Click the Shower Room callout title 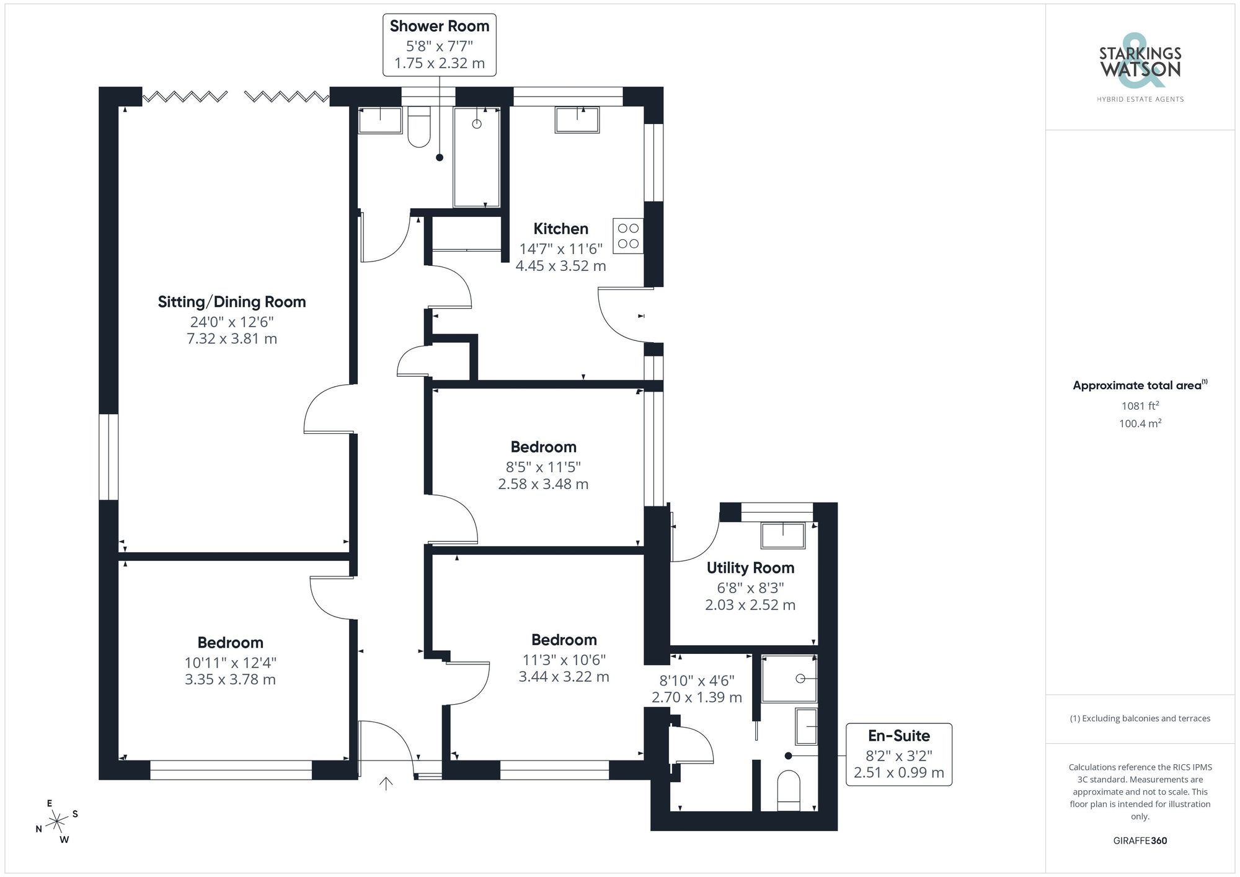point(440,26)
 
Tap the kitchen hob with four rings point(628,236)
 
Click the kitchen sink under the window point(577,120)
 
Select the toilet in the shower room point(420,128)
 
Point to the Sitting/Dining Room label point(232,302)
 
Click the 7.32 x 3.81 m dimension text point(232,339)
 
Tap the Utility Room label point(750,568)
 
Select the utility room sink point(783,535)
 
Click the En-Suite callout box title point(898,736)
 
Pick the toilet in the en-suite point(789,790)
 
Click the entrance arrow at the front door point(386,784)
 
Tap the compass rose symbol point(57,822)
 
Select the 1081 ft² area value point(1140,406)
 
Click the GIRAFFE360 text point(1140,840)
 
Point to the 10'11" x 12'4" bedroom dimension point(230,663)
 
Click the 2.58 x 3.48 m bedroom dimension point(543,484)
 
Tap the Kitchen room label point(560,229)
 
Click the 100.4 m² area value point(1140,424)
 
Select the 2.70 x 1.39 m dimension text point(696,697)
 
